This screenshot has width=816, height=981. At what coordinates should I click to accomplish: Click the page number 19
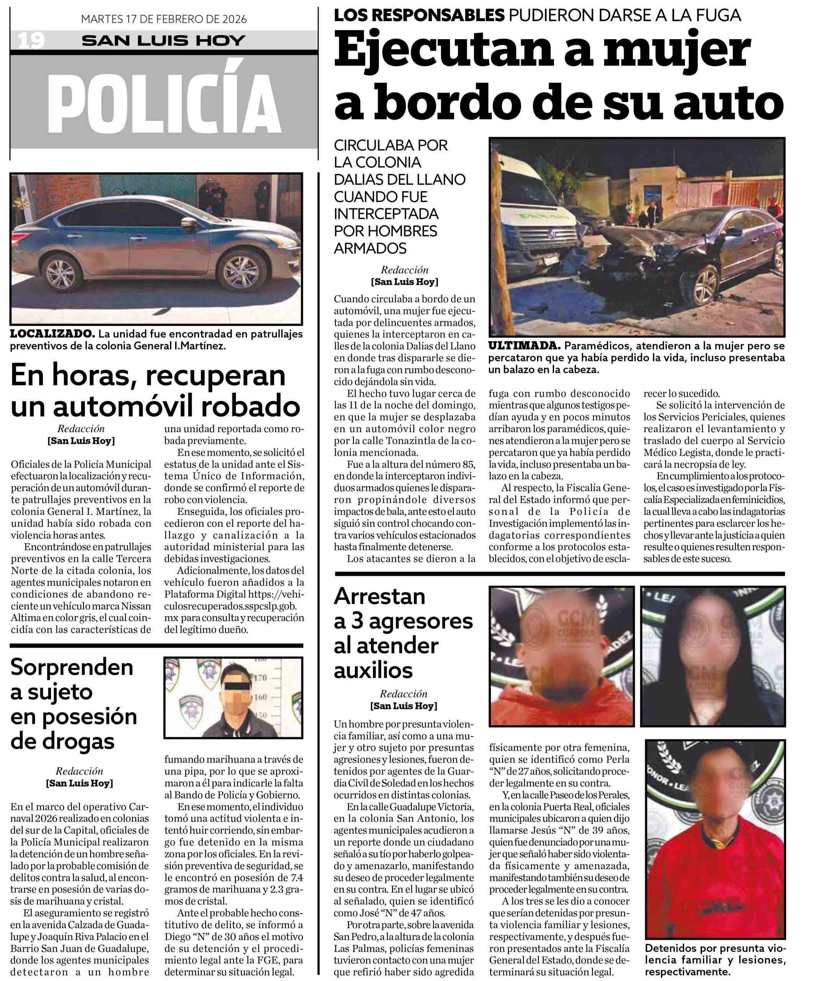[31, 41]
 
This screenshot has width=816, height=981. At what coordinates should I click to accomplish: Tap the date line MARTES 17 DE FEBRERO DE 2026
[164, 19]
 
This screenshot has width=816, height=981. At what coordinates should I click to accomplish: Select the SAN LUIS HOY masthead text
[164, 41]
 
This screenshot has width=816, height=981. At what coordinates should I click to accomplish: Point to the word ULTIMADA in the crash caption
[524, 346]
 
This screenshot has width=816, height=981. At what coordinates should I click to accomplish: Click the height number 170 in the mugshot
[260, 678]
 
